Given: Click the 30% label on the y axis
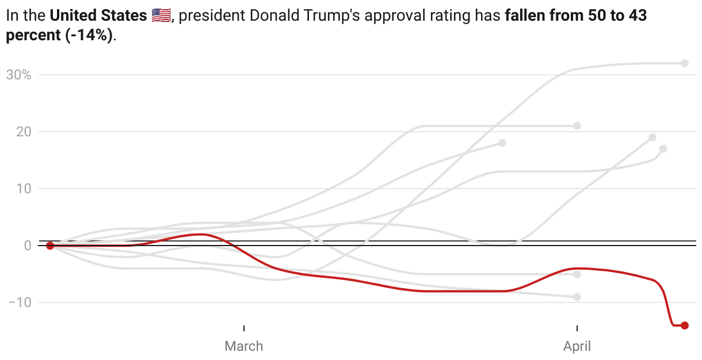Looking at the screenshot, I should click(x=18, y=75).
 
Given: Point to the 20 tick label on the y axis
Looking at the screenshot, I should click(x=23, y=132).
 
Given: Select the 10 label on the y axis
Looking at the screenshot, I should click(x=23, y=189).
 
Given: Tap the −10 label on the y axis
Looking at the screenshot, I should click(x=19, y=302).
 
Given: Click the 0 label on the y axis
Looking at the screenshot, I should click(x=27, y=246).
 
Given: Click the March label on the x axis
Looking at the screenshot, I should click(x=244, y=346).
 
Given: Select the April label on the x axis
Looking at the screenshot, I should click(x=577, y=346).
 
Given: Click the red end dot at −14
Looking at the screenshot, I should click(x=685, y=325).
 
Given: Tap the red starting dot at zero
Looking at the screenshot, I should click(x=50, y=246).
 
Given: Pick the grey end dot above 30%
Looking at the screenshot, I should click(x=685, y=63).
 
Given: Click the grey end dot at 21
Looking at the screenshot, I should click(x=577, y=126).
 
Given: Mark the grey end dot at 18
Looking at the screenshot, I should click(x=502, y=143).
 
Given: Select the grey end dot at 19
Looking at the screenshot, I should click(x=652, y=137).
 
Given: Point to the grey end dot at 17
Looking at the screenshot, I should click(x=663, y=149).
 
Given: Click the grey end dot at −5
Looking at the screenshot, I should click(x=577, y=274).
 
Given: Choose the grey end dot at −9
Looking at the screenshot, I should click(x=577, y=297).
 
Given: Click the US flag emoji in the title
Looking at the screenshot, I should click(x=161, y=16).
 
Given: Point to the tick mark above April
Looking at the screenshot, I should click(x=577, y=328).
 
